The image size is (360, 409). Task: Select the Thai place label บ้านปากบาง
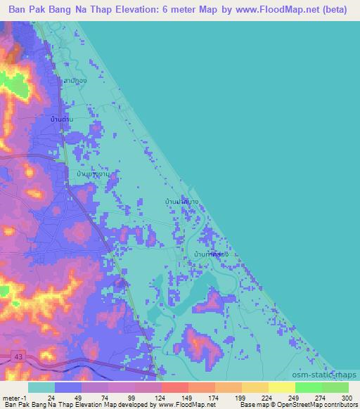click(x=181, y=202)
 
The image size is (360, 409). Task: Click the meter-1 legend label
click(x=13, y=397)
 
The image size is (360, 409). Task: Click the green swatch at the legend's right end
click(x=335, y=387)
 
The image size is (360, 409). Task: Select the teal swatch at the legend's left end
click(x=41, y=387)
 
